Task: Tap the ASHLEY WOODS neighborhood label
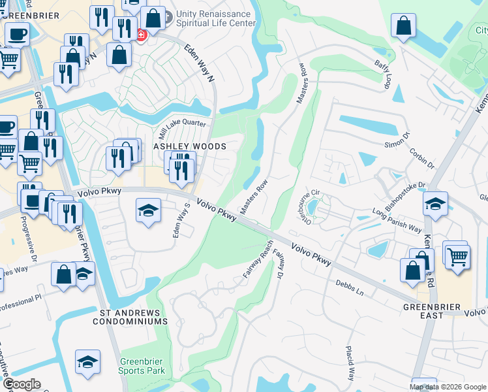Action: coord(189,147)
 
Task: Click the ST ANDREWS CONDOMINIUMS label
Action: coord(134,317)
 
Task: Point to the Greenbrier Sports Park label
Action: coord(142,366)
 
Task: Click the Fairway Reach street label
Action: coord(258,259)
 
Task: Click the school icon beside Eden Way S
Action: coord(149,211)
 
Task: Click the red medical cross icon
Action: coord(142,35)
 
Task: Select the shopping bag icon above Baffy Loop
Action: coord(404,26)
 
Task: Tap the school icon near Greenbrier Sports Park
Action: coord(87,361)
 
